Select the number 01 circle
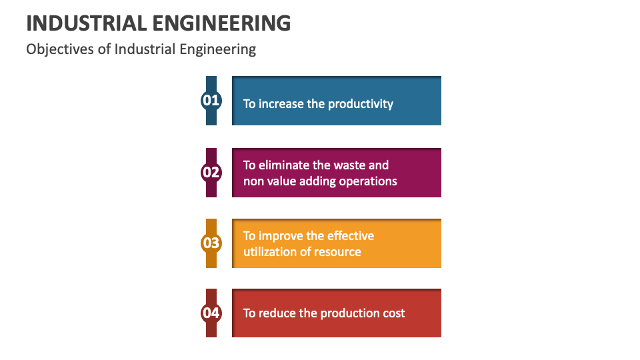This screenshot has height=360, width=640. tap(211, 101)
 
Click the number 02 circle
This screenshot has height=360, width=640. tap(211, 173)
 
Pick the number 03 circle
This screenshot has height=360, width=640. tap(211, 243)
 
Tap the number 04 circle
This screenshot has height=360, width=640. tap(211, 313)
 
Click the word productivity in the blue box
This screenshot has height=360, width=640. tap(361, 104)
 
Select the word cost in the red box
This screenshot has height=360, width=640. tap(393, 313)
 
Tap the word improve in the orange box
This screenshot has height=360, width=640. tap(282, 236)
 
